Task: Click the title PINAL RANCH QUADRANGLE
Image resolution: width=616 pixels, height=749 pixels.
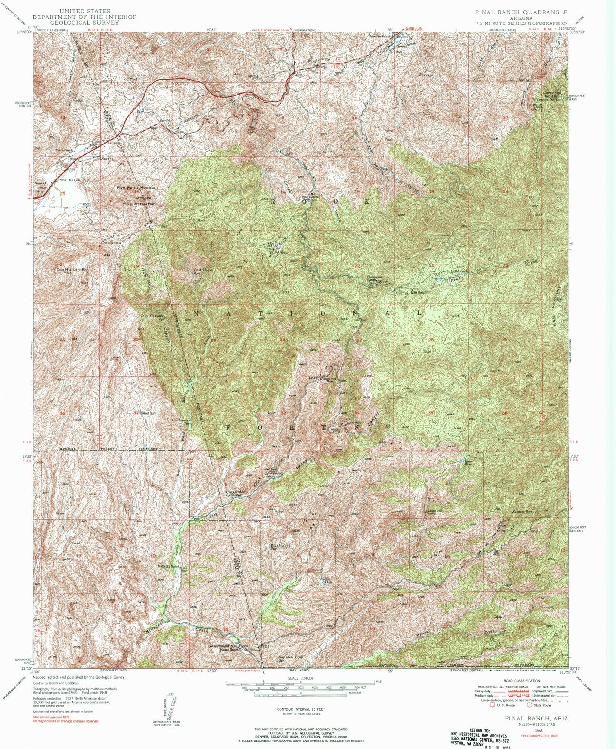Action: click(521, 12)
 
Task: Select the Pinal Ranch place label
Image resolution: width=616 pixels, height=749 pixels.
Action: click(69, 180)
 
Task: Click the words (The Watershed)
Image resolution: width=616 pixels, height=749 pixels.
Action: click(140, 205)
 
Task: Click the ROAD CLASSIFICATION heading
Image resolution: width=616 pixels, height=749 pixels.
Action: click(521, 681)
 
